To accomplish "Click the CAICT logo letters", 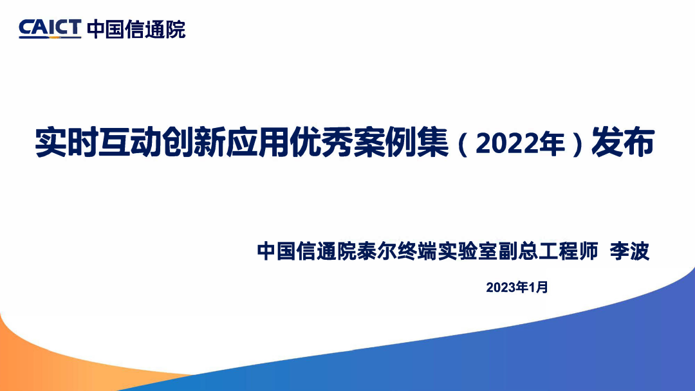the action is point(50,27).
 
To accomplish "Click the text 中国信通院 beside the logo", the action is point(136,29).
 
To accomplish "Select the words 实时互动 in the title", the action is point(98,143).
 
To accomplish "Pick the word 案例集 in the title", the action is point(401,143).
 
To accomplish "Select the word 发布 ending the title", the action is point(623,143).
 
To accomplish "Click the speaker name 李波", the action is point(629,251).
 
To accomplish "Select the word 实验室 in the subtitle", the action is point(467,251).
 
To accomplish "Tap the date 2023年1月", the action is point(517,287).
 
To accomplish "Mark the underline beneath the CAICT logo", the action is point(50,38).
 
